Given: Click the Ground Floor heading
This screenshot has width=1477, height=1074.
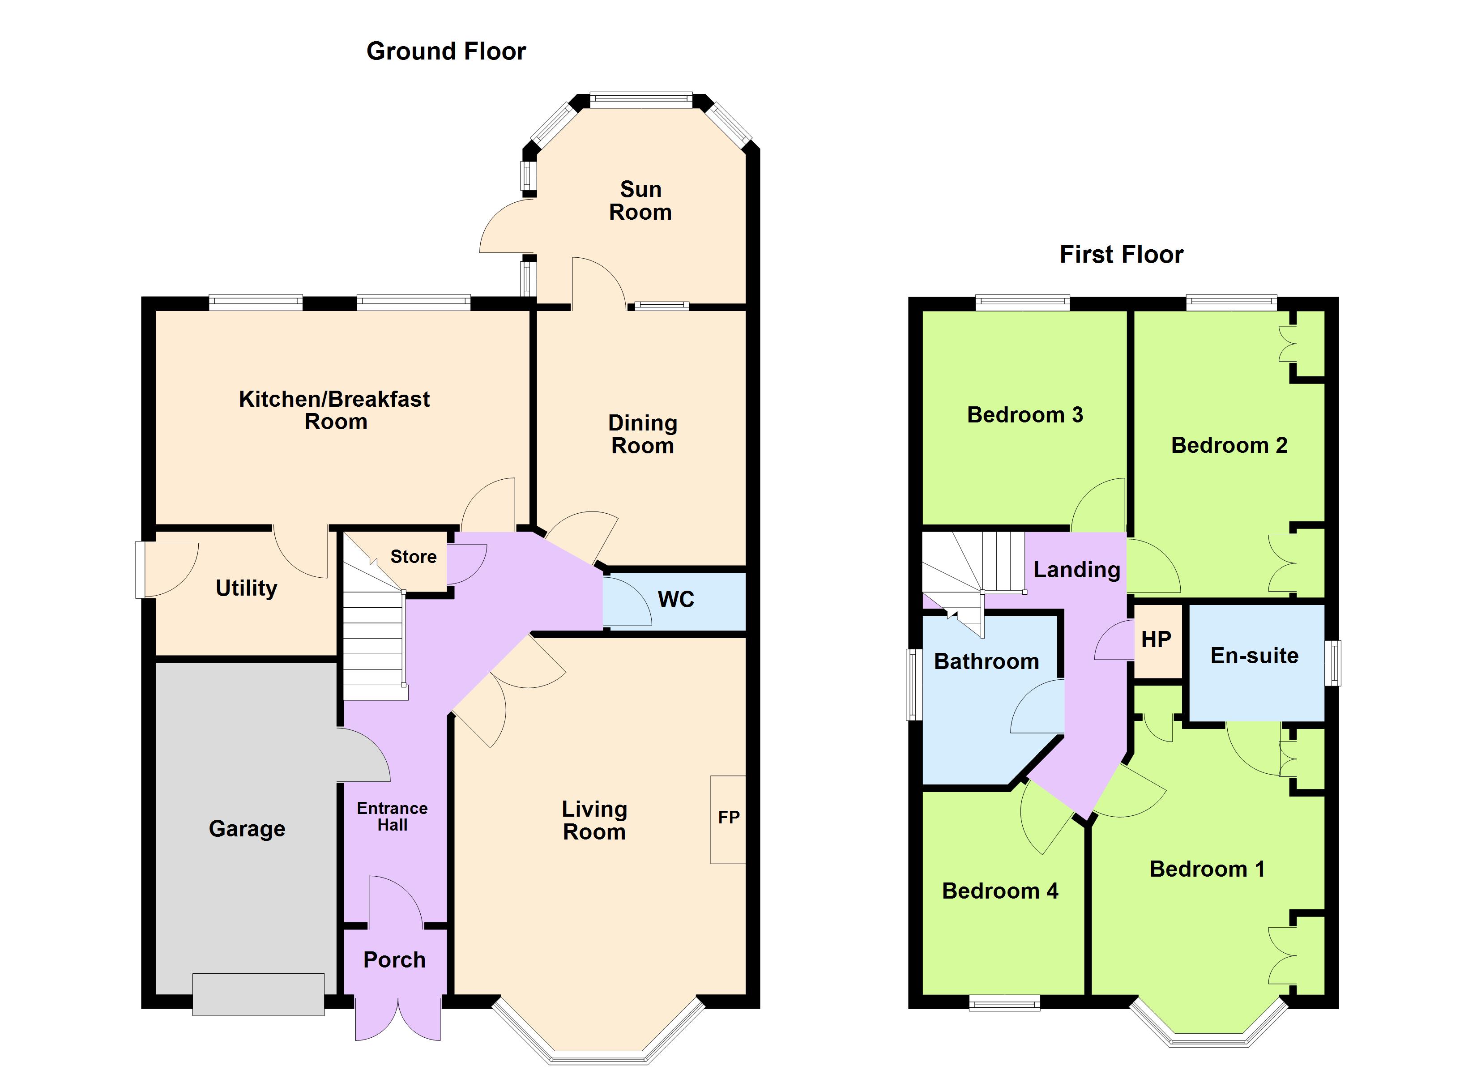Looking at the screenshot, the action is tap(446, 51).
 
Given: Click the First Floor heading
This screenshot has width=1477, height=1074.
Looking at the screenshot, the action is tap(1122, 255).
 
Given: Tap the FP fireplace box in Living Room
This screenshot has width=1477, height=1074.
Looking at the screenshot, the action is tap(728, 819).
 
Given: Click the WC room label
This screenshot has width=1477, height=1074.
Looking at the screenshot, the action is tap(676, 600).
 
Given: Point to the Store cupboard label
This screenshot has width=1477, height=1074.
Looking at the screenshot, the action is tap(414, 557).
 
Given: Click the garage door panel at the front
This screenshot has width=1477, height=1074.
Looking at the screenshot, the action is tap(259, 994).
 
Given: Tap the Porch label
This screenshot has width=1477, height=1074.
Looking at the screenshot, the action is tap(394, 960).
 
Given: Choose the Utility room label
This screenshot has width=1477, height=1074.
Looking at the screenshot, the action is tap(246, 588).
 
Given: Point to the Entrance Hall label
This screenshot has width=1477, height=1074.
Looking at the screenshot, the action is tap(392, 817).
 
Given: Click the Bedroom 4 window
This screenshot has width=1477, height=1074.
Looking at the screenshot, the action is tap(1004, 1004).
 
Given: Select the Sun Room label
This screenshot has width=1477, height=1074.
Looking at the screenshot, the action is tap(641, 200).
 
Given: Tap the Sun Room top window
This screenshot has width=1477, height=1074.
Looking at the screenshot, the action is tap(641, 100).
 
